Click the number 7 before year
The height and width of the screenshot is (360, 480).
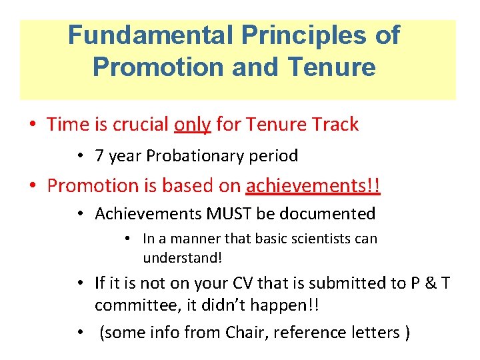[x=99, y=157]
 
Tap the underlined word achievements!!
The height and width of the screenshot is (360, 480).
[x=313, y=186]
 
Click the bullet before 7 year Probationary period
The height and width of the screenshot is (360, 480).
[x=79, y=157]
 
